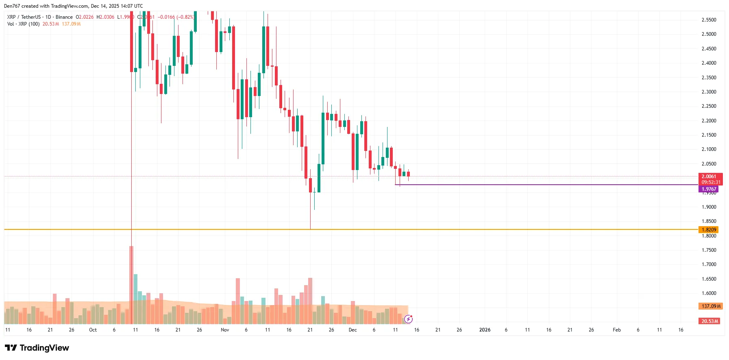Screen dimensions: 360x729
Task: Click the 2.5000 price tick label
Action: click(x=709, y=34)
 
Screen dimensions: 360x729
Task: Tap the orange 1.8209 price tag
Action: click(x=709, y=230)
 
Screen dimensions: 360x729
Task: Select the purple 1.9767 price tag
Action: click(x=709, y=189)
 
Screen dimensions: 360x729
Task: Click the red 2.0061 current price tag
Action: click(x=710, y=177)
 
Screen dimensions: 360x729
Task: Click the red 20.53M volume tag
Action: click(x=709, y=321)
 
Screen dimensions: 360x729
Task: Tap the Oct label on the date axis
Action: click(x=93, y=330)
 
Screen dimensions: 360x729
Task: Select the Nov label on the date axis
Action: click(x=225, y=330)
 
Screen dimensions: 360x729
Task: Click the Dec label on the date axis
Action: click(x=353, y=330)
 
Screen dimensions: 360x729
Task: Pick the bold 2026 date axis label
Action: click(x=485, y=330)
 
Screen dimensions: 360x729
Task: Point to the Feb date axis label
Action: click(x=616, y=330)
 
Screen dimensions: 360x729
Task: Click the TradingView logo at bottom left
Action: click(x=37, y=348)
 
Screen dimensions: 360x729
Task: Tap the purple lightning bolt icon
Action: click(x=409, y=319)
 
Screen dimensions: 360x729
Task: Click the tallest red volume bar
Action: click(x=131, y=285)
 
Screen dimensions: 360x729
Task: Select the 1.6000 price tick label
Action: click(x=709, y=293)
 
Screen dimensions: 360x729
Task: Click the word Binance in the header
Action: click(x=64, y=17)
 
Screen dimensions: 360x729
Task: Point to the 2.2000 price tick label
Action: click(x=709, y=121)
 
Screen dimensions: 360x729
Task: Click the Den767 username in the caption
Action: click(x=11, y=6)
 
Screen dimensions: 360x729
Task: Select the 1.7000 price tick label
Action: click(x=709, y=264)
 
